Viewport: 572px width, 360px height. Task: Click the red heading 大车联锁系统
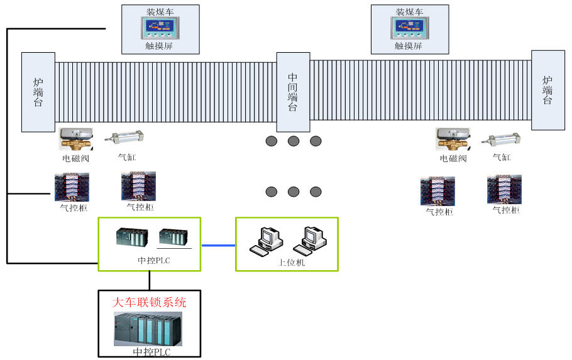pyautogui.click(x=149, y=302)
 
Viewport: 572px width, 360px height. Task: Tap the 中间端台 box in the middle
pyautogui.click(x=293, y=92)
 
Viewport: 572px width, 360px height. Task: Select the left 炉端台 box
pyautogui.click(x=38, y=92)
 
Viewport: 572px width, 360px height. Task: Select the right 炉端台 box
pyautogui.click(x=548, y=90)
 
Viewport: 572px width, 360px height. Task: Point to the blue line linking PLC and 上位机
pyautogui.click(x=218, y=245)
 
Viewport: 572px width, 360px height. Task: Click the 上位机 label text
pyautogui.click(x=292, y=263)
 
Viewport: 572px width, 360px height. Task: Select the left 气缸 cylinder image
pyautogui.click(x=127, y=139)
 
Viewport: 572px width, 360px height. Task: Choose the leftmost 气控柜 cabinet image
pyautogui.click(x=72, y=187)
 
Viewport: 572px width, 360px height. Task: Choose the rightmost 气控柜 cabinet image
pyautogui.click(x=504, y=190)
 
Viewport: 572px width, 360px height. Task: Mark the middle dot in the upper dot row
pyautogui.click(x=294, y=141)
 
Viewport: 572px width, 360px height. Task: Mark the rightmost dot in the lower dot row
pyautogui.click(x=316, y=192)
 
